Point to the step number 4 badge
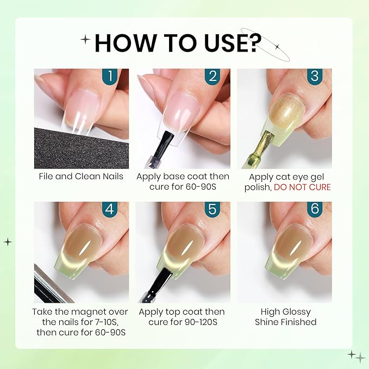[110, 209]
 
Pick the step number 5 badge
[212, 209]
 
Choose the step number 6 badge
[315, 209]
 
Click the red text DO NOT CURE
[302, 187]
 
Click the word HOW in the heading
[125, 43]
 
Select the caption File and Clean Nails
[81, 177]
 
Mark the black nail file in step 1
[82, 148]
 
